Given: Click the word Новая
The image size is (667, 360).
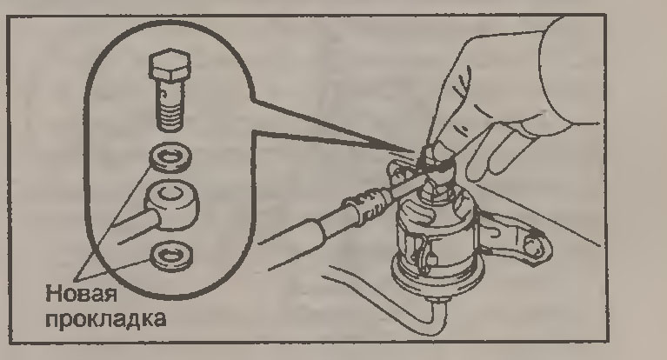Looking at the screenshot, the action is pos(81,294).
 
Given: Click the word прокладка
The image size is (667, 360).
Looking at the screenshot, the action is pos(105,319).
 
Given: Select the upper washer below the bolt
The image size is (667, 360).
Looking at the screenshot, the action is pos(170,157).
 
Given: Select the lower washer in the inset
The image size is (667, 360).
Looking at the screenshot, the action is pos(171,257).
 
